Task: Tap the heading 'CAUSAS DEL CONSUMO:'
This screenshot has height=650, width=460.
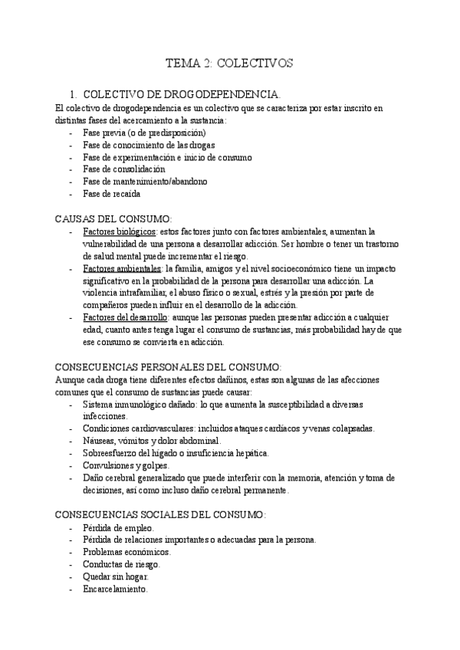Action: coord(114,218)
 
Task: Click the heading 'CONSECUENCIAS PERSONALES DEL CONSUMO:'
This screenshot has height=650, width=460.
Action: coord(169,367)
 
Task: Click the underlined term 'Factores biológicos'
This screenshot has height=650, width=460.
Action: coord(119,231)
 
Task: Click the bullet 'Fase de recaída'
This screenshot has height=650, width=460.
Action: coord(111,194)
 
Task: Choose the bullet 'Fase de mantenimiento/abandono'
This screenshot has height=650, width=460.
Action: coord(145,182)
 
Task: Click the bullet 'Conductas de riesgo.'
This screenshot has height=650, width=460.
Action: coord(122,564)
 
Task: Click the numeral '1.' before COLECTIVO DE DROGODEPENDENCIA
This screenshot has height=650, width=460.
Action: coord(73,94)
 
